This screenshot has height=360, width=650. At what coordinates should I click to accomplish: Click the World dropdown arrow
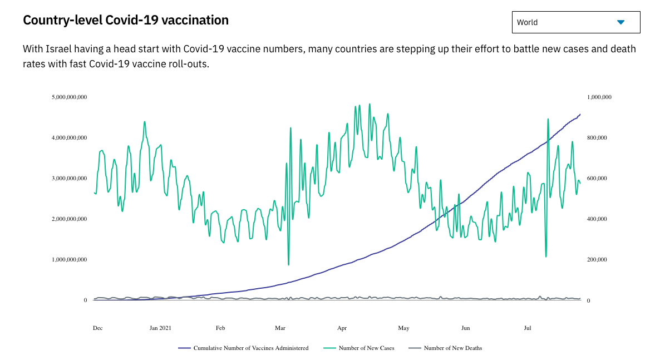[x=621, y=22]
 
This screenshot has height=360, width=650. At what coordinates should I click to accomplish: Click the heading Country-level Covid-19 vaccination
[x=126, y=21]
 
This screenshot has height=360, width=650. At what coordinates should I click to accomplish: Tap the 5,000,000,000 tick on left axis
[x=69, y=97]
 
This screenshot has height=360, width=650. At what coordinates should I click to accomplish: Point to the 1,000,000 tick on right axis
[x=599, y=97]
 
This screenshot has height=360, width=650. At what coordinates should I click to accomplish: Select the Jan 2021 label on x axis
[x=160, y=328]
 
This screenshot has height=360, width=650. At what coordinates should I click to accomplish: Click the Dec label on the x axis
[x=97, y=328]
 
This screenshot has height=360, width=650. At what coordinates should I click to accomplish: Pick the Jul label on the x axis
[x=528, y=328]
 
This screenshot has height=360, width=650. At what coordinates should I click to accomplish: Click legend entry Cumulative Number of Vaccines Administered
[x=250, y=348]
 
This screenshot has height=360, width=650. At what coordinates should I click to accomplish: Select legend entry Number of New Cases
[x=366, y=348]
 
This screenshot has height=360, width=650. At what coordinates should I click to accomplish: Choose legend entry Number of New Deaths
[x=452, y=348]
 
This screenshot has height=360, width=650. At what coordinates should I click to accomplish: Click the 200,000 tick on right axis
[x=597, y=260]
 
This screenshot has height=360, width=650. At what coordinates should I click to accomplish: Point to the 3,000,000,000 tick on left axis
[x=69, y=179]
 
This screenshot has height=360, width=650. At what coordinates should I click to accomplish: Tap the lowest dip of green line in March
[x=288, y=264]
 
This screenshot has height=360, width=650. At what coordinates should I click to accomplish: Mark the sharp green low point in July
[x=546, y=257]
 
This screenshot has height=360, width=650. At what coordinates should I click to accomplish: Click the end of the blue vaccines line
[x=580, y=115]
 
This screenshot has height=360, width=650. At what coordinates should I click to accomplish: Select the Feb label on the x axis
[x=220, y=328]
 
